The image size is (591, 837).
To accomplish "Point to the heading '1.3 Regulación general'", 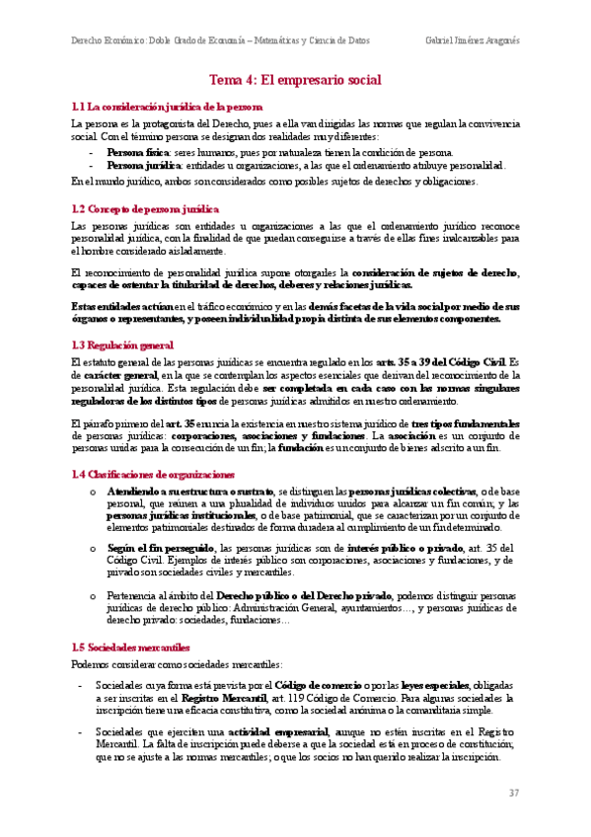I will [123, 317].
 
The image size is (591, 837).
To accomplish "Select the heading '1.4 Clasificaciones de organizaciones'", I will [154, 446].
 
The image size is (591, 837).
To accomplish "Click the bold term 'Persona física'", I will [137, 153].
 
